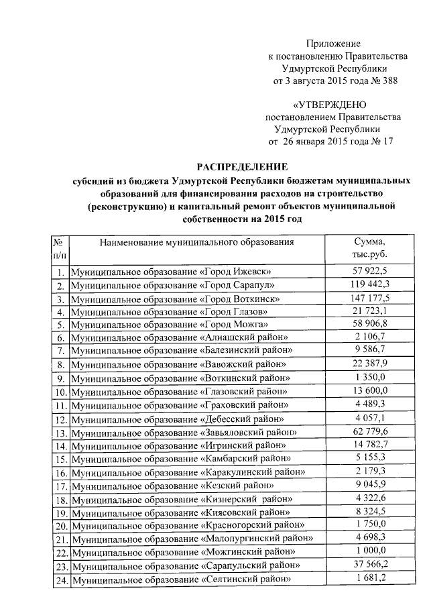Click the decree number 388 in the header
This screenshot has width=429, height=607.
388,81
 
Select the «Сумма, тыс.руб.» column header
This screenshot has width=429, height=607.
369,248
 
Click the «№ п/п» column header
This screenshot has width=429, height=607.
59,248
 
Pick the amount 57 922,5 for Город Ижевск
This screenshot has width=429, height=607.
369,271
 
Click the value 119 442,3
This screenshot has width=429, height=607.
369,284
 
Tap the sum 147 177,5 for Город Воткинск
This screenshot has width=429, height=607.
369,298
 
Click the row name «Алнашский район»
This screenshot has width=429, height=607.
180,337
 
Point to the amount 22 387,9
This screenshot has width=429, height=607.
369,364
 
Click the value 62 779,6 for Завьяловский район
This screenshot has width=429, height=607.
369,432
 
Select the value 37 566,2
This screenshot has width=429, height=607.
369,565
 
